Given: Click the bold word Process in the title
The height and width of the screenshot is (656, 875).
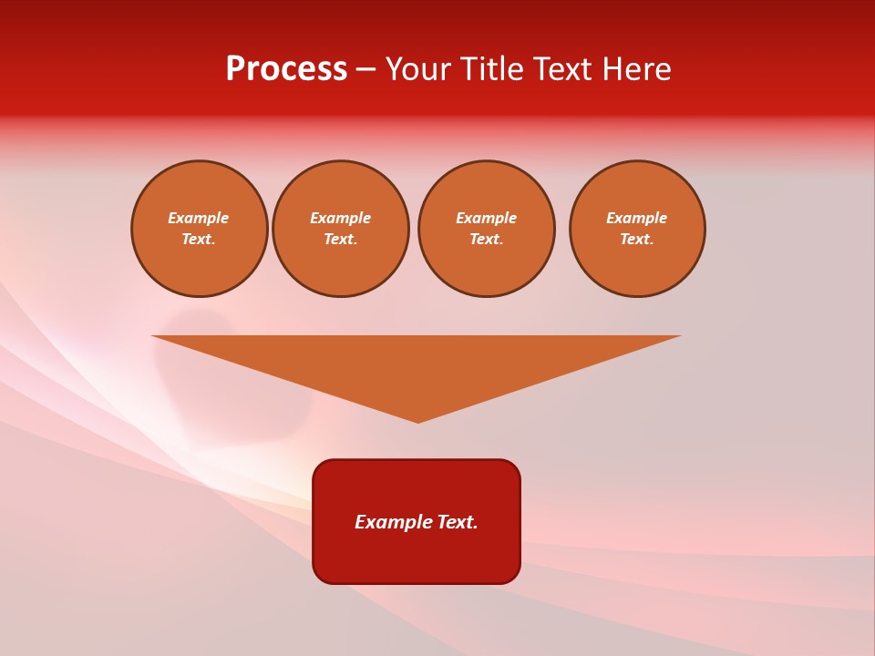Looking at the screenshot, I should point(286,69).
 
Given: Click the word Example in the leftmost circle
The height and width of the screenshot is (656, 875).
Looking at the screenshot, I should point(199,218).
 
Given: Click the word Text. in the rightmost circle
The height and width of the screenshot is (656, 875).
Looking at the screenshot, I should point(636,239).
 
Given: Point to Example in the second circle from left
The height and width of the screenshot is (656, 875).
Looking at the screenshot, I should point(340,218).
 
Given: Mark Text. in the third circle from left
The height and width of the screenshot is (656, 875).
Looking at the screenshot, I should point(486,239).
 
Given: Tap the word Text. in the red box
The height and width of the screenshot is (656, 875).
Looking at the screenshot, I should point(458,522).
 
